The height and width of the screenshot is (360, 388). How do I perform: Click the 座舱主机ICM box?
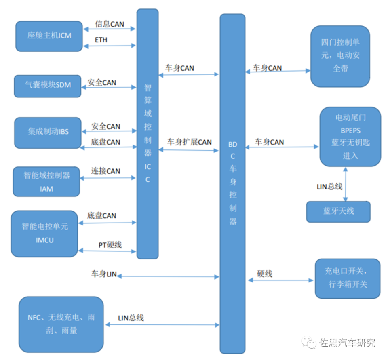pyautogui.click(x=48, y=36)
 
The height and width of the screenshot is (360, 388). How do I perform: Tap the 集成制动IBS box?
pyautogui.click(x=48, y=132)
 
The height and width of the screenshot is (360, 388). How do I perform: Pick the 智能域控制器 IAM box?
pyautogui.click(x=46, y=181)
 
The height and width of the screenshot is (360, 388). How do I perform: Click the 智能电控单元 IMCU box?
pyautogui.click(x=44, y=233)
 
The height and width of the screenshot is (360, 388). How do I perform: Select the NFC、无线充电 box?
pyautogui.click(x=61, y=324)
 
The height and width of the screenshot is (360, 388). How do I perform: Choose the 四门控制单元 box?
pyautogui.click(x=340, y=56)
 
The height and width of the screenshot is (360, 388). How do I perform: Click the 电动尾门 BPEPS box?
pyautogui.click(x=350, y=137)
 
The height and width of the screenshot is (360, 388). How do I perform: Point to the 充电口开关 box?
pyautogui.click(x=347, y=278)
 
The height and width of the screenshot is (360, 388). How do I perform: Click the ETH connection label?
pyautogui.click(x=101, y=40)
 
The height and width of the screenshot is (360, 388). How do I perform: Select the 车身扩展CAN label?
pyautogui.click(x=189, y=142)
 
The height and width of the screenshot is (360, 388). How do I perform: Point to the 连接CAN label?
pyautogui.click(x=105, y=171)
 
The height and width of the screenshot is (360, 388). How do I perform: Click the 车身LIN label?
pyautogui.click(x=104, y=274)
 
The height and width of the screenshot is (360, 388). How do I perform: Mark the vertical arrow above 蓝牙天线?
pyautogui.click(x=345, y=184)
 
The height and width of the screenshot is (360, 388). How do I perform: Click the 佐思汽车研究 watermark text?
pyautogui.click(x=347, y=343)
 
